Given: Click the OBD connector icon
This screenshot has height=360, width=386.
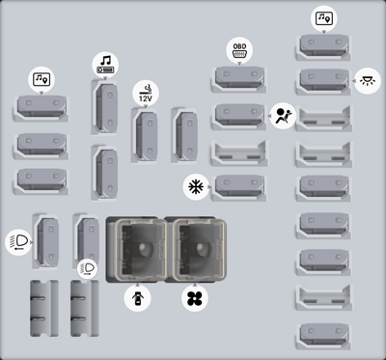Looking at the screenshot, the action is (x=239, y=50).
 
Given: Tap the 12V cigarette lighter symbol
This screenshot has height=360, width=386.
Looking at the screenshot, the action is (x=146, y=94).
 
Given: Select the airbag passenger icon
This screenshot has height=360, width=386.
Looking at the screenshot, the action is (x=283, y=116).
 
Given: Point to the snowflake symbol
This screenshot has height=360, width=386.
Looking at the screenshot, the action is (x=196, y=187).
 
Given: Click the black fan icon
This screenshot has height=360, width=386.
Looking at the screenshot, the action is (x=195, y=298).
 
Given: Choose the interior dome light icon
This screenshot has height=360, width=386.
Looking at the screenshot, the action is (x=368, y=81).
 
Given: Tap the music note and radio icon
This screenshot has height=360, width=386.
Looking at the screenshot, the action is (x=105, y=65).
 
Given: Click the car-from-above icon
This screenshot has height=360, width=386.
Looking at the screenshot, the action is (x=137, y=298).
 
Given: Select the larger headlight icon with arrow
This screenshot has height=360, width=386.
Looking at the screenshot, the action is (x=18, y=242).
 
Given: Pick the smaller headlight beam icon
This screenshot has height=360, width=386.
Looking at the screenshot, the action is (x=88, y=268).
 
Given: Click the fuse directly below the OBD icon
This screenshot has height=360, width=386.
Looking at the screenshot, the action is (x=239, y=79).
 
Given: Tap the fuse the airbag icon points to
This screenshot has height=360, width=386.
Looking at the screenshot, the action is (x=239, y=117).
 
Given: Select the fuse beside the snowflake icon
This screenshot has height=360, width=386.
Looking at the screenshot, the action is (x=239, y=187).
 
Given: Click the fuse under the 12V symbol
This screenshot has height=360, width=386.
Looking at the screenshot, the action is (x=145, y=135).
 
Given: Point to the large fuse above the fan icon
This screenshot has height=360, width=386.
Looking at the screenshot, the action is (x=196, y=249).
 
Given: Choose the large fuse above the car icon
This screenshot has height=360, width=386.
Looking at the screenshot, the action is (x=138, y=249).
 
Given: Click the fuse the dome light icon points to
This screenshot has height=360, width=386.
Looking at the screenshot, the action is (x=323, y=81).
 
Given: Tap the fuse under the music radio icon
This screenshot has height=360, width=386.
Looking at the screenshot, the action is (x=104, y=107).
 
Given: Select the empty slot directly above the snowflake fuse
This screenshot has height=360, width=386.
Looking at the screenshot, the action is (x=239, y=152).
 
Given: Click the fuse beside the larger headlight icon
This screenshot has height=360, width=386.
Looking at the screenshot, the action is (x=45, y=241).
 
